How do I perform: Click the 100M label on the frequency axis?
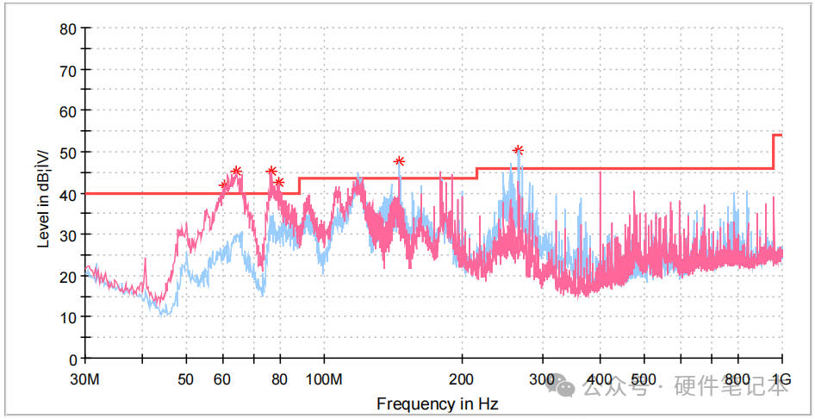[325, 380]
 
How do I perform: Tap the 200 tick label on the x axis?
[463, 380]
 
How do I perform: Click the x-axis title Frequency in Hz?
[437, 403]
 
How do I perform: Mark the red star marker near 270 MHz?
[518, 150]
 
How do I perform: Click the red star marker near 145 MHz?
[399, 161]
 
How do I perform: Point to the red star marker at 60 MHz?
[224, 185]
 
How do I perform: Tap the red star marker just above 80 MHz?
[279, 182]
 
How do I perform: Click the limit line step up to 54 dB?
[773, 152]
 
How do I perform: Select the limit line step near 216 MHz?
[476, 172]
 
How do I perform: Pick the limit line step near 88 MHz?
[299, 185]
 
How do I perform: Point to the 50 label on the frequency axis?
[185, 380]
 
